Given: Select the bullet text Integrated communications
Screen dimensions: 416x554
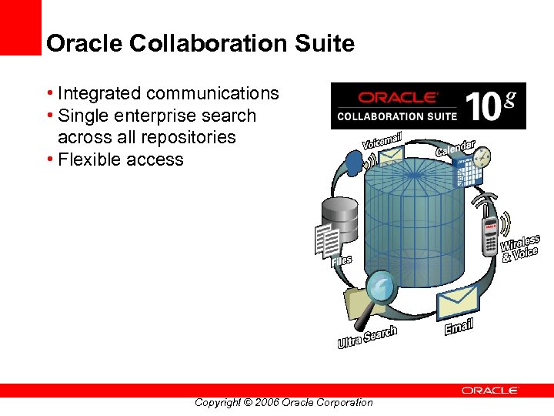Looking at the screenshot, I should click(168, 94).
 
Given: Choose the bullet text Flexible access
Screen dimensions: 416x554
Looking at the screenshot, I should click(121, 160).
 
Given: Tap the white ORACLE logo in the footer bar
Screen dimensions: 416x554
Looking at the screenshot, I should click(490, 391).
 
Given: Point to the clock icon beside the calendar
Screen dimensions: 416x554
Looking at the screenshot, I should click(482, 158).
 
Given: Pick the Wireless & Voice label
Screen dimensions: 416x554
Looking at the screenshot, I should click(520, 249).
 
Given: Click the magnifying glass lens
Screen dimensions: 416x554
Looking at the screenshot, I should click(380, 287).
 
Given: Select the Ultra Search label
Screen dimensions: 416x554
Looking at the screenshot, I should click(367, 337).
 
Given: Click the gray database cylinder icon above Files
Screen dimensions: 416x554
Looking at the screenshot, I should click(339, 216).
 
